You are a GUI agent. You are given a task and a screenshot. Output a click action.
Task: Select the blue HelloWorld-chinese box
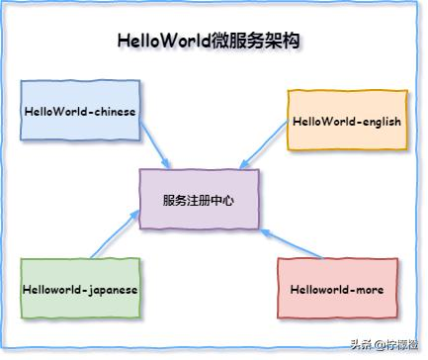[80, 111]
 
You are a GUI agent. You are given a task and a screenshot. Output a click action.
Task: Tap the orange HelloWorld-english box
[345, 121]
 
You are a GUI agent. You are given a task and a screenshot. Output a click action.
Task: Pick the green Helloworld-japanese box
[80, 289]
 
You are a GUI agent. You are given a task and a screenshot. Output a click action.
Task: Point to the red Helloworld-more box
[337, 289]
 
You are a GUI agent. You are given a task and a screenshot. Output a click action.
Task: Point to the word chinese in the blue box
[111, 111]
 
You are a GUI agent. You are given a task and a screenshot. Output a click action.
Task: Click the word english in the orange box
[377, 121]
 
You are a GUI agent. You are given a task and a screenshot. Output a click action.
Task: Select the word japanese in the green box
[109, 289]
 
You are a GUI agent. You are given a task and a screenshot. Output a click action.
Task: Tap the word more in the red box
[368, 289]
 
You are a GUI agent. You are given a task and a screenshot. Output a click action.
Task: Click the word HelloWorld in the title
[162, 42]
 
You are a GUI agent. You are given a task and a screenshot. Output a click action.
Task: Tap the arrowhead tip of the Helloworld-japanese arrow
[137, 212]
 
